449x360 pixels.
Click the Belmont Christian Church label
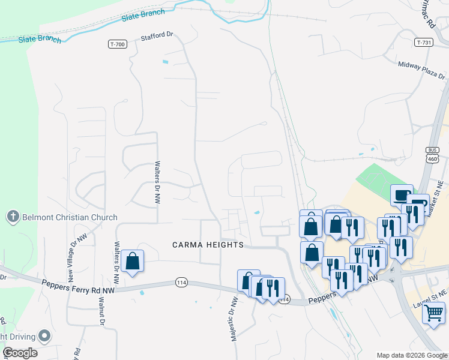pyautogui.click(x=70, y=217)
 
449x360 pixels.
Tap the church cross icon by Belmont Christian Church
pyautogui.click(x=13, y=217)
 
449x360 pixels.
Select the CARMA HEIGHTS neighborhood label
pyautogui.click(x=208, y=245)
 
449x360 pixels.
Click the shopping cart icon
pyautogui.click(x=433, y=312)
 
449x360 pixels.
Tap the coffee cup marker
pyautogui.click(x=401, y=195)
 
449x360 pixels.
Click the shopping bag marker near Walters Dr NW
pyautogui.click(x=132, y=262)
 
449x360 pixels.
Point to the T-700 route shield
pyautogui.click(x=117, y=44)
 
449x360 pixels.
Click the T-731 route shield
pyautogui.click(x=423, y=43)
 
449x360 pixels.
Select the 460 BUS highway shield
pyautogui.click(x=432, y=155)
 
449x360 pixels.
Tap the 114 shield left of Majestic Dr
pyautogui.click(x=182, y=282)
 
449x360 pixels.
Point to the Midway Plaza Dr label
pyautogui.click(x=421, y=70)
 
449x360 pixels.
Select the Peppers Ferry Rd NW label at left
pyautogui.click(x=78, y=286)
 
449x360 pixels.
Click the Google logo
pyautogui.click(x=20, y=352)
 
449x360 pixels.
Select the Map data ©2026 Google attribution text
pyautogui.click(x=411, y=355)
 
